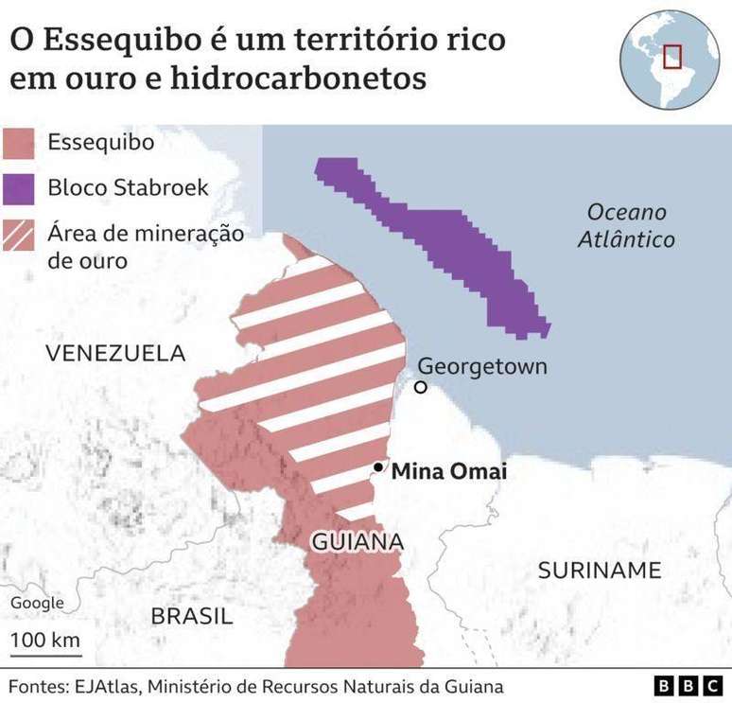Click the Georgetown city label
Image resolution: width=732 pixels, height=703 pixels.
[x=482, y=366]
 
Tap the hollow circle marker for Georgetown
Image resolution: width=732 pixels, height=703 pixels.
[x=420, y=387]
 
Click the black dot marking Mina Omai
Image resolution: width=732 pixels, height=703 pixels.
[x=378, y=467]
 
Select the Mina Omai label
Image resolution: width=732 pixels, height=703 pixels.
[x=449, y=470]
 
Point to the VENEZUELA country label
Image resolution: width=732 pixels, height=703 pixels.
[x=115, y=354]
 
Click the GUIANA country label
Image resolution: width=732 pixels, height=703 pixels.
[x=357, y=542]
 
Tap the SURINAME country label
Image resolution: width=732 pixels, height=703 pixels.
[x=600, y=570]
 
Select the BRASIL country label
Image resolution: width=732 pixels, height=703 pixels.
[x=192, y=617]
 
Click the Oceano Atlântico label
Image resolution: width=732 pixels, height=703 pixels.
[x=626, y=225]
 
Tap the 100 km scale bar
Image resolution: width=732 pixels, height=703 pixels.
[x=45, y=651]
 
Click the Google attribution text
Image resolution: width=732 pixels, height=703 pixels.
[x=38, y=603]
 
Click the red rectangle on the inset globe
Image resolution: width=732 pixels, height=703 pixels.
[x=672, y=56]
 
